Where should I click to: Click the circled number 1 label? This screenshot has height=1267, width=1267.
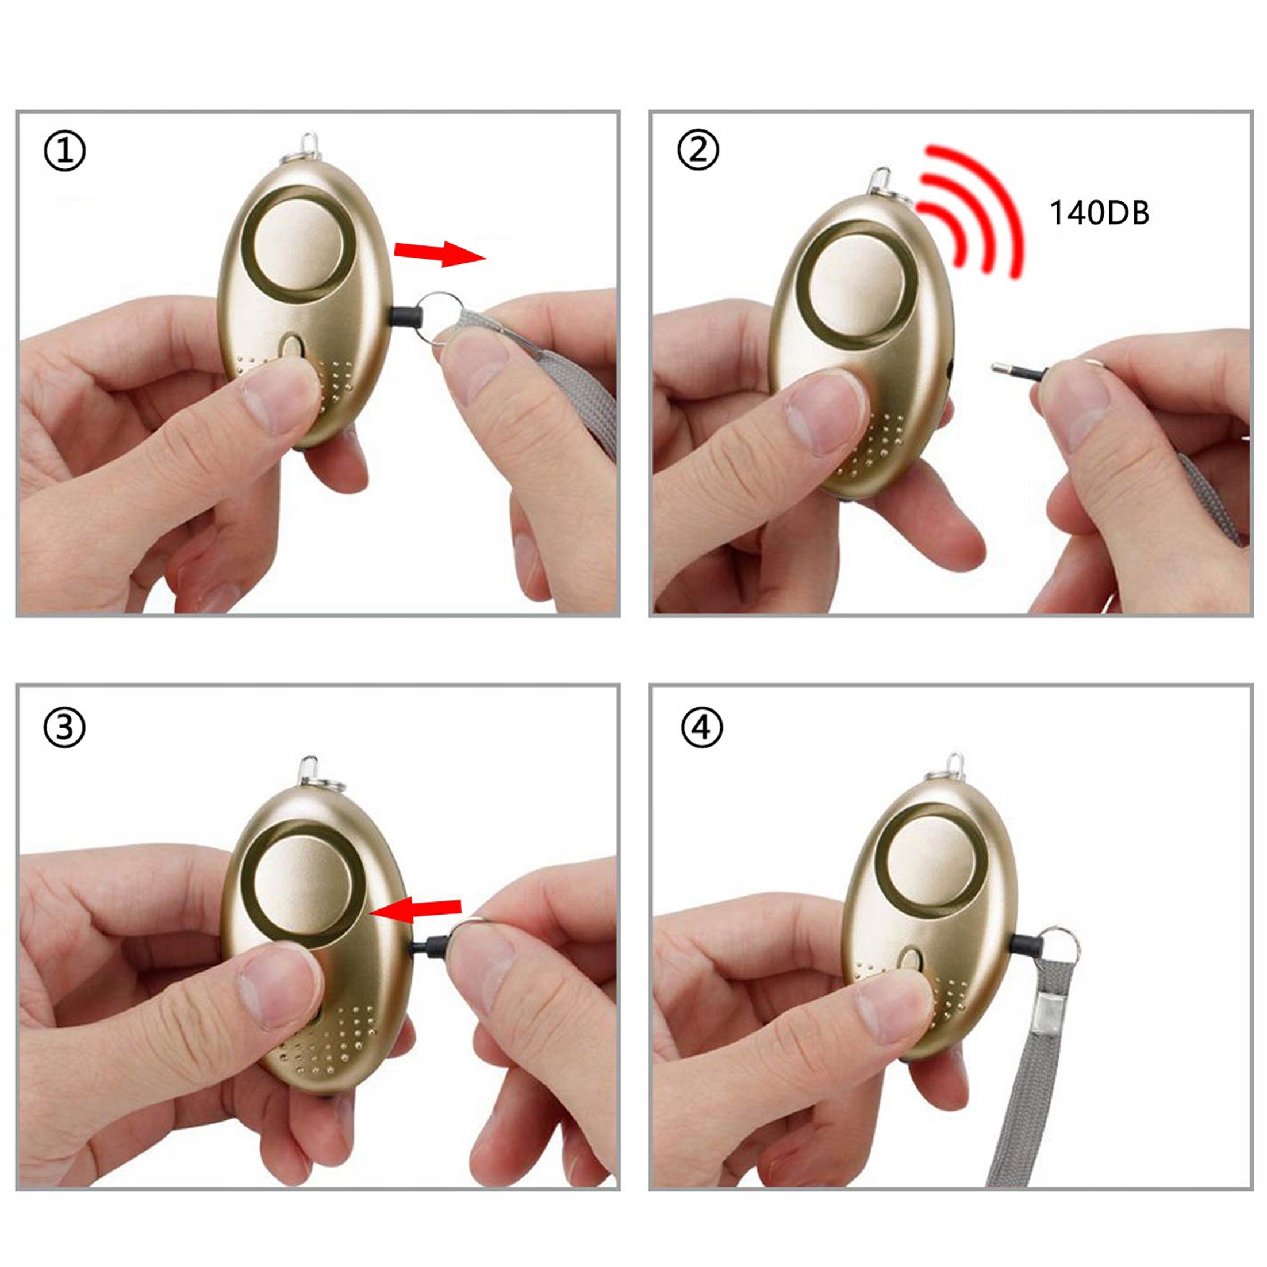coord(64,152)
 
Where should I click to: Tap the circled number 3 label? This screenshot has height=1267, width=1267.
coord(64,728)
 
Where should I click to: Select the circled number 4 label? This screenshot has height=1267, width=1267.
coord(702,728)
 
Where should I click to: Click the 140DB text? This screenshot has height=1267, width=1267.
coord(1099,213)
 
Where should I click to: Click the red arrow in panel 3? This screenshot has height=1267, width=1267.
coord(416,909)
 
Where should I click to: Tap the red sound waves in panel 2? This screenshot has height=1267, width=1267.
coord(970,210)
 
